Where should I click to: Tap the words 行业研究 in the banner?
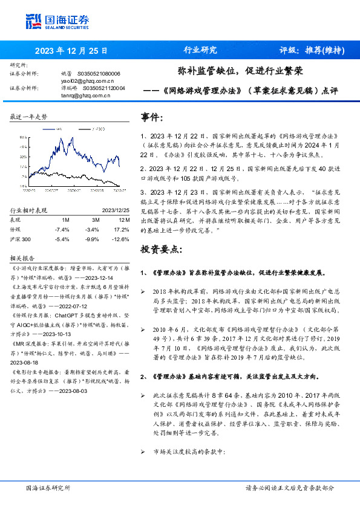click(x=200, y=50)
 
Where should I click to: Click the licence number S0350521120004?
click(x=104, y=88)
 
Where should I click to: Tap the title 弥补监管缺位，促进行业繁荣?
click(x=240, y=71)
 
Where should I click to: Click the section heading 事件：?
click(x=152, y=117)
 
